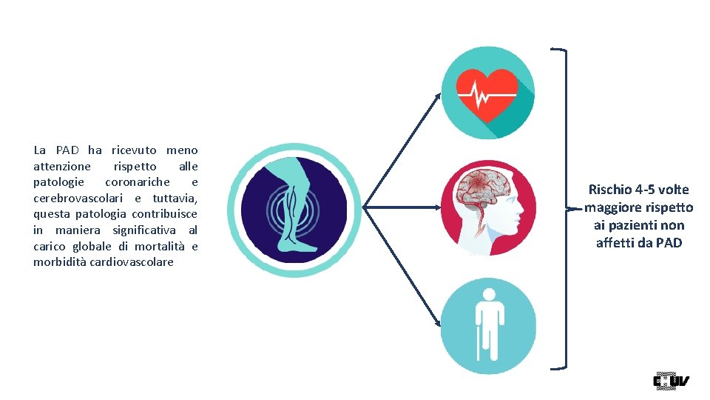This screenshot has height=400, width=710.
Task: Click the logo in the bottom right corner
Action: (670, 381)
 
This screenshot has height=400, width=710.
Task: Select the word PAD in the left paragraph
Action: (67, 150)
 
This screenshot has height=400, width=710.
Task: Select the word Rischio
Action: (608, 190)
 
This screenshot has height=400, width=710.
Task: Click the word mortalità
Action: (163, 246)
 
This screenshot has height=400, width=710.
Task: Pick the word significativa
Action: (144, 230)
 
